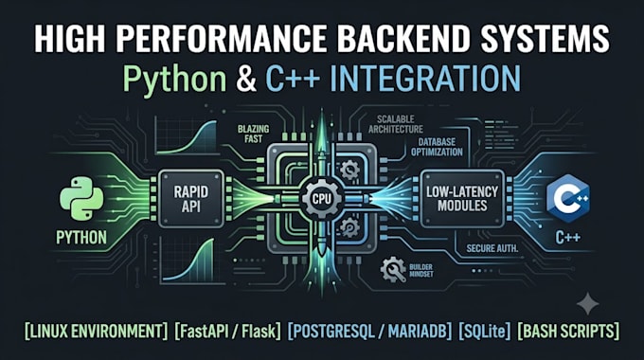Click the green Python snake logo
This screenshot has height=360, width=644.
coord(81,199)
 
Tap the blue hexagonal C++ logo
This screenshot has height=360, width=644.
coord(567,199)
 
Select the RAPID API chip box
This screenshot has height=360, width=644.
coord(191,199)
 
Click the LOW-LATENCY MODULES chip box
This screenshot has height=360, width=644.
coord(462,199)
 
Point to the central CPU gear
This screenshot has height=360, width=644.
coord(322,199)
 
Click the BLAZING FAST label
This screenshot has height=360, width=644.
coord(254,134)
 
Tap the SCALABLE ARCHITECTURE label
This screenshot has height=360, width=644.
coord(396,124)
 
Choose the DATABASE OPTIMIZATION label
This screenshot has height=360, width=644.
coord(437,147)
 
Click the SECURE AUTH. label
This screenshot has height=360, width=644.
coord(492,248)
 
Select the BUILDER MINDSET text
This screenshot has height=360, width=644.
coord(421,270)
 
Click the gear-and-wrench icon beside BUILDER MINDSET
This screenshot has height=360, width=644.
coord(393,270)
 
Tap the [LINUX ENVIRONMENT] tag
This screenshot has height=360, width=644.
coord(96,331)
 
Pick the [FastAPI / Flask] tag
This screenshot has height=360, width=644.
coord(228,331)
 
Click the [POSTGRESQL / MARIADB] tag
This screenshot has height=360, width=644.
coord(369,331)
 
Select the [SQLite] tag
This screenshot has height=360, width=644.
coord(485,331)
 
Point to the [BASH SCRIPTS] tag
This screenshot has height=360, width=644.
coord(568,331)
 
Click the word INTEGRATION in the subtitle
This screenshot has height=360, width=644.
coord(425,78)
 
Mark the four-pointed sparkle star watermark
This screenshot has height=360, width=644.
coord(588,304)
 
